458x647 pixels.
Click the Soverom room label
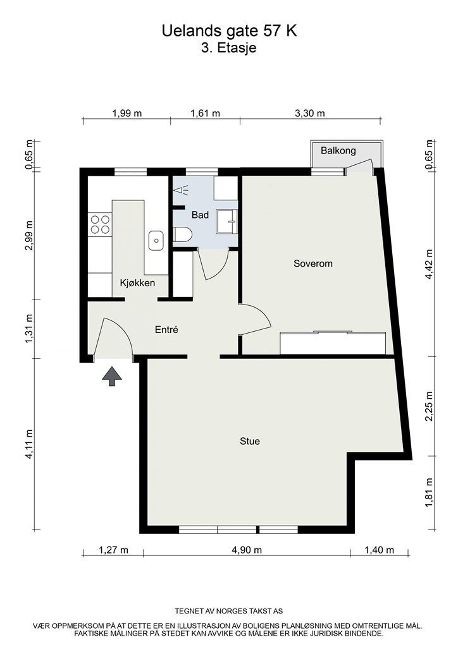[x=313, y=263]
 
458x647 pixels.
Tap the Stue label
[x=250, y=441]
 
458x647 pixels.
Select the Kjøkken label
[x=137, y=282]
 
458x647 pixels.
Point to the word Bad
[x=200, y=215]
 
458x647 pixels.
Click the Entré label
[x=166, y=330]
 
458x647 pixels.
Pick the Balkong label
[x=338, y=150]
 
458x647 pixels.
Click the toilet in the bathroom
[x=183, y=235]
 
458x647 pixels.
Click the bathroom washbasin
[x=228, y=221]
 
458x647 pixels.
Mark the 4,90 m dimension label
[x=247, y=550]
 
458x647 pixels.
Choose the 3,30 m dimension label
[x=310, y=113]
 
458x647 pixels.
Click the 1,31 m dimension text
[x=29, y=329]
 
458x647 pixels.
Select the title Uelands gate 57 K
[x=229, y=31]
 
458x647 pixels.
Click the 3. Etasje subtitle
[x=229, y=48]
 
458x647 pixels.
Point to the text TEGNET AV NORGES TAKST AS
[x=229, y=611]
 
